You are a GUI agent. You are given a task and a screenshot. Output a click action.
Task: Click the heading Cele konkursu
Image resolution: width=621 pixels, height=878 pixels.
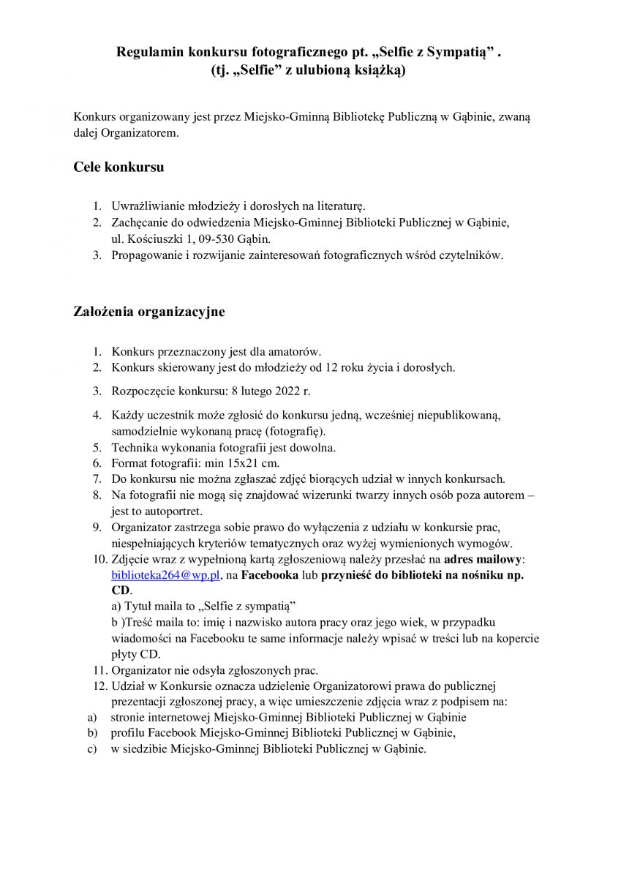118,168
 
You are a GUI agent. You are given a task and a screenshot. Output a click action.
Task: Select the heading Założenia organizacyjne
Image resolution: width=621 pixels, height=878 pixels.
149,312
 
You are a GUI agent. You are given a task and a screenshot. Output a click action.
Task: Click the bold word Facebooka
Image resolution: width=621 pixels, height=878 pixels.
270,575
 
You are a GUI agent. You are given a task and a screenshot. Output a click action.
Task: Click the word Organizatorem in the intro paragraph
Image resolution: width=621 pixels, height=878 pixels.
137,134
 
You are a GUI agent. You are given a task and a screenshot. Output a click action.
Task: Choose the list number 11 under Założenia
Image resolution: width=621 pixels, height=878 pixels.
99,669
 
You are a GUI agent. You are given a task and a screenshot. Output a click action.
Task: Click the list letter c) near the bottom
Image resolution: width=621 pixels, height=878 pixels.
92,749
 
